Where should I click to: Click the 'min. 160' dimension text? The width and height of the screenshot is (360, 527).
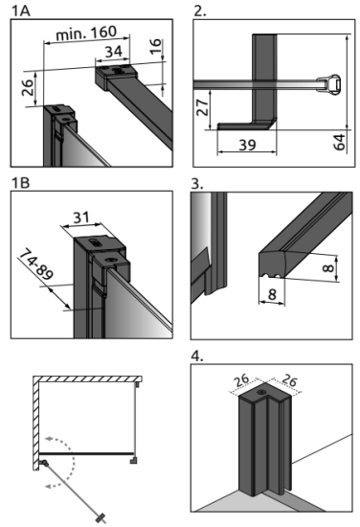click(x=86, y=33)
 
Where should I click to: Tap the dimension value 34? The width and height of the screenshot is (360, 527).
click(x=114, y=52)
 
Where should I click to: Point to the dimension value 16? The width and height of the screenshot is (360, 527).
click(x=155, y=46)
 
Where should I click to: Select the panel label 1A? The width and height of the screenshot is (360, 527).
click(x=21, y=11)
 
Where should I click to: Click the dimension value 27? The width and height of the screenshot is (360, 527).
click(x=203, y=107)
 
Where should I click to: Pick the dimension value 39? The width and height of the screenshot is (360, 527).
click(x=247, y=145)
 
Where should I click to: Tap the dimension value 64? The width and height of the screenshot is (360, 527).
click(x=339, y=142)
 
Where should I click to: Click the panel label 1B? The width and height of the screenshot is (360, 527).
click(x=21, y=183)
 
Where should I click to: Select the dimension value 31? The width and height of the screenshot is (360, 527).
click(x=81, y=218)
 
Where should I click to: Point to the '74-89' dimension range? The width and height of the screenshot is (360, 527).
click(x=36, y=264)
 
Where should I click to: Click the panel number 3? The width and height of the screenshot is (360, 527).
click(x=197, y=184)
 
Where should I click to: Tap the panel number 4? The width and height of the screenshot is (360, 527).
click(x=197, y=355)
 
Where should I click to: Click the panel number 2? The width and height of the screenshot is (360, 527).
click(x=200, y=11)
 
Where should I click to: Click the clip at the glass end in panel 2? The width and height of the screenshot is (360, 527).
click(x=329, y=83)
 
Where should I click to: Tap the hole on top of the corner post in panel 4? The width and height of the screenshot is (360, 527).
click(x=261, y=392)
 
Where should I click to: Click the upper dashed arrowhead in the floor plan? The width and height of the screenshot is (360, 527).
click(x=50, y=439)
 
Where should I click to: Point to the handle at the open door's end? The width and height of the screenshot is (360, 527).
click(x=101, y=516)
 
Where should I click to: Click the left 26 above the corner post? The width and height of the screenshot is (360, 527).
click(x=241, y=380)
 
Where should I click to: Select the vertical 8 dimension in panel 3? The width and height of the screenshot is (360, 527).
click(x=328, y=268)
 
